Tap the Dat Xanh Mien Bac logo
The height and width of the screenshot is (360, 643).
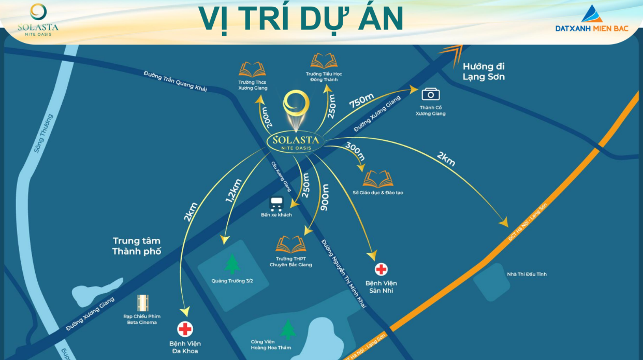point(592,19)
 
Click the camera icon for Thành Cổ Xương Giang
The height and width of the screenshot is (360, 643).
point(430,94)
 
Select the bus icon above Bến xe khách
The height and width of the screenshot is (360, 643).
point(276,204)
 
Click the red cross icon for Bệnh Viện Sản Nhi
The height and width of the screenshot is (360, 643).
point(382,269)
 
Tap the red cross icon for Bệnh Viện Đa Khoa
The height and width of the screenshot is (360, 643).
point(185,329)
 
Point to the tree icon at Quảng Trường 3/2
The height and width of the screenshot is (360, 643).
point(232,264)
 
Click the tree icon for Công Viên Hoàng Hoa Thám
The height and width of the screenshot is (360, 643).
point(287,329)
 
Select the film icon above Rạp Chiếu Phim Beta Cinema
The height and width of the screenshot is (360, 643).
point(142,303)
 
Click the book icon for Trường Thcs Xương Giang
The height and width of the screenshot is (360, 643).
point(253,69)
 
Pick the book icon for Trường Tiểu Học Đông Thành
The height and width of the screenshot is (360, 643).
point(324,61)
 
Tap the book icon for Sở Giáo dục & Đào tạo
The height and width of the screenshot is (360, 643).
point(377,179)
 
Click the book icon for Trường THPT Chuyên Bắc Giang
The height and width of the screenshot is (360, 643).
point(290,244)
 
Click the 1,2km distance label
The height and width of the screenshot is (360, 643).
point(234,190)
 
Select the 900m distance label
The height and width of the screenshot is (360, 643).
point(325,198)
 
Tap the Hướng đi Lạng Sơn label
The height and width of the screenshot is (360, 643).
point(484,71)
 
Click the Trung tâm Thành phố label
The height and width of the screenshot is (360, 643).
point(137,246)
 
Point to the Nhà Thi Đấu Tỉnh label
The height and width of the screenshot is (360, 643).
point(527,274)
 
